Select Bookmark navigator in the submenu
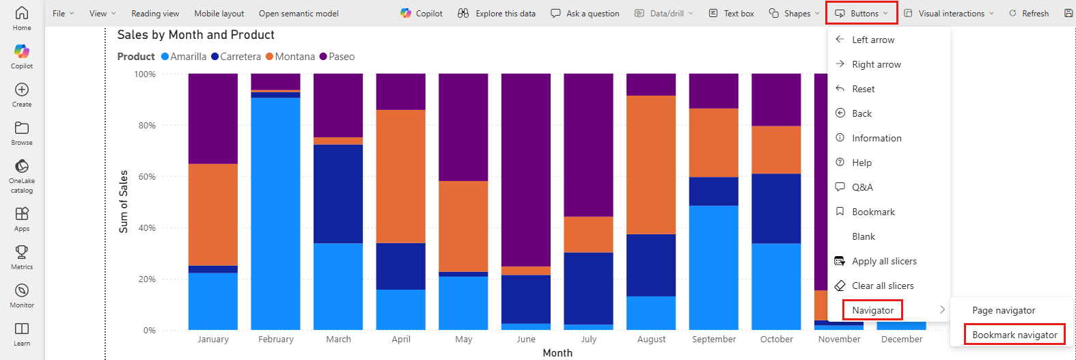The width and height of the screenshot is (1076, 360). [x=1015, y=335]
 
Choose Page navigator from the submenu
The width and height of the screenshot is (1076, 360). [x=1003, y=310]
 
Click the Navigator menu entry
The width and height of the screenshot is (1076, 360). [x=872, y=310]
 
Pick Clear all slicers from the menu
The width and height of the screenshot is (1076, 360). [x=882, y=286]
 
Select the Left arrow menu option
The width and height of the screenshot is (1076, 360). [x=872, y=40]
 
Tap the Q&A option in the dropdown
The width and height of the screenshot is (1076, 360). [x=862, y=187]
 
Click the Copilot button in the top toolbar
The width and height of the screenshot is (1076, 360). [x=422, y=14]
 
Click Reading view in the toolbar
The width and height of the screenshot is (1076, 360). [x=155, y=14]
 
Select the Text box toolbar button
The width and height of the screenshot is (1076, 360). [x=732, y=14]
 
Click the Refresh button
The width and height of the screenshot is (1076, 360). [x=1029, y=14]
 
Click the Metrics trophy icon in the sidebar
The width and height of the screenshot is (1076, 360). [x=22, y=252]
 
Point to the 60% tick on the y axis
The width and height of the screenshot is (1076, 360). [x=147, y=177]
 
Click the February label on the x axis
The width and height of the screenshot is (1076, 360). [x=276, y=340]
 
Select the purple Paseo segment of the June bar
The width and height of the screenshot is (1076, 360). [x=526, y=169]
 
